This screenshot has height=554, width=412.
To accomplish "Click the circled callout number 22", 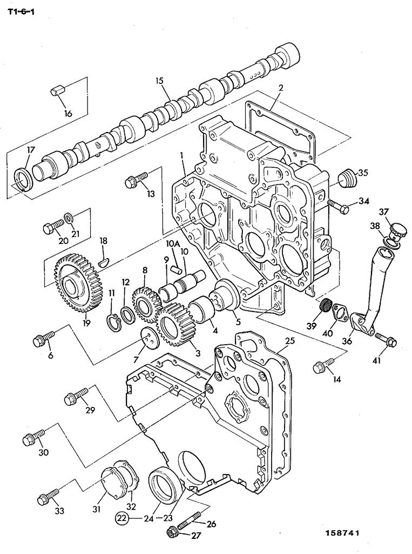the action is [x=121, y=518].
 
